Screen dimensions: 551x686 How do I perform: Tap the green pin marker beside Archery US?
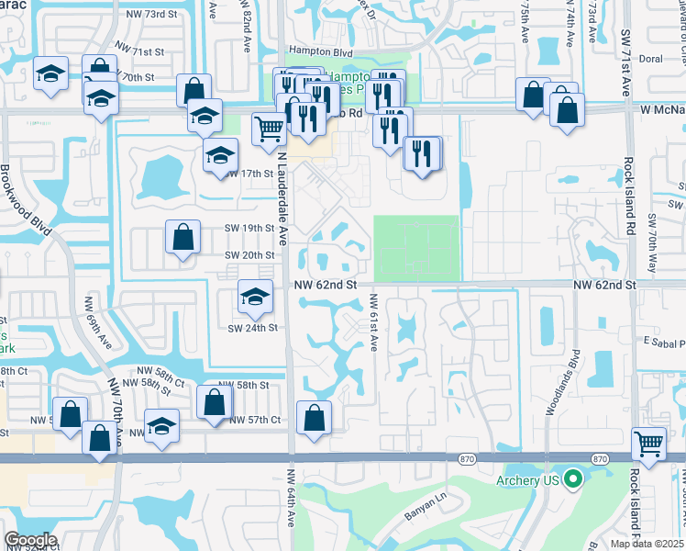point(573,479)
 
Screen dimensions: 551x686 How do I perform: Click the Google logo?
point(30,540)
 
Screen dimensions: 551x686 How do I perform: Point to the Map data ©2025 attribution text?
point(647,544)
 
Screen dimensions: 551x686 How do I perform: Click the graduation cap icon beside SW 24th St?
point(255,296)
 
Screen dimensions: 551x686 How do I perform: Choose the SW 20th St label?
point(251,255)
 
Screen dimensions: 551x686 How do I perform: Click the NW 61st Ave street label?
point(373,321)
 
